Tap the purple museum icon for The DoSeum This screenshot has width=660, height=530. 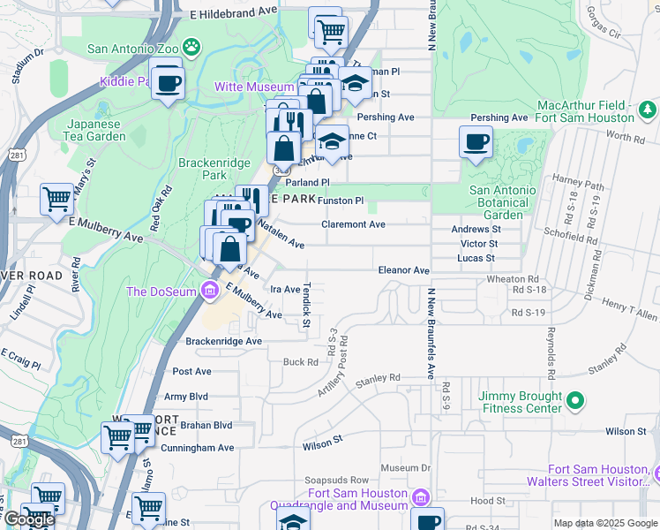tap(208, 291)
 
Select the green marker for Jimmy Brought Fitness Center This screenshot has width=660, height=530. tap(575, 402)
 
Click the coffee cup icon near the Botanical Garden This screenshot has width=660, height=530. tap(476, 141)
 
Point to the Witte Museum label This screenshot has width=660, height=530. tap(254, 87)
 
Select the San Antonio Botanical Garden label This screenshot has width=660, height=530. tap(502, 202)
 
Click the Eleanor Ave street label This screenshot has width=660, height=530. tap(403, 270)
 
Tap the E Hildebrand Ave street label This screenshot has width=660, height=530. tap(234, 14)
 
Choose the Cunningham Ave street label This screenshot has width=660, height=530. tap(203, 448)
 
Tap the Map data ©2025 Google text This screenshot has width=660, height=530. tap(605, 523)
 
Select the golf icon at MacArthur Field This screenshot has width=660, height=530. tap(648, 110)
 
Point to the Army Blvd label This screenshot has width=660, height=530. tap(187, 397)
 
